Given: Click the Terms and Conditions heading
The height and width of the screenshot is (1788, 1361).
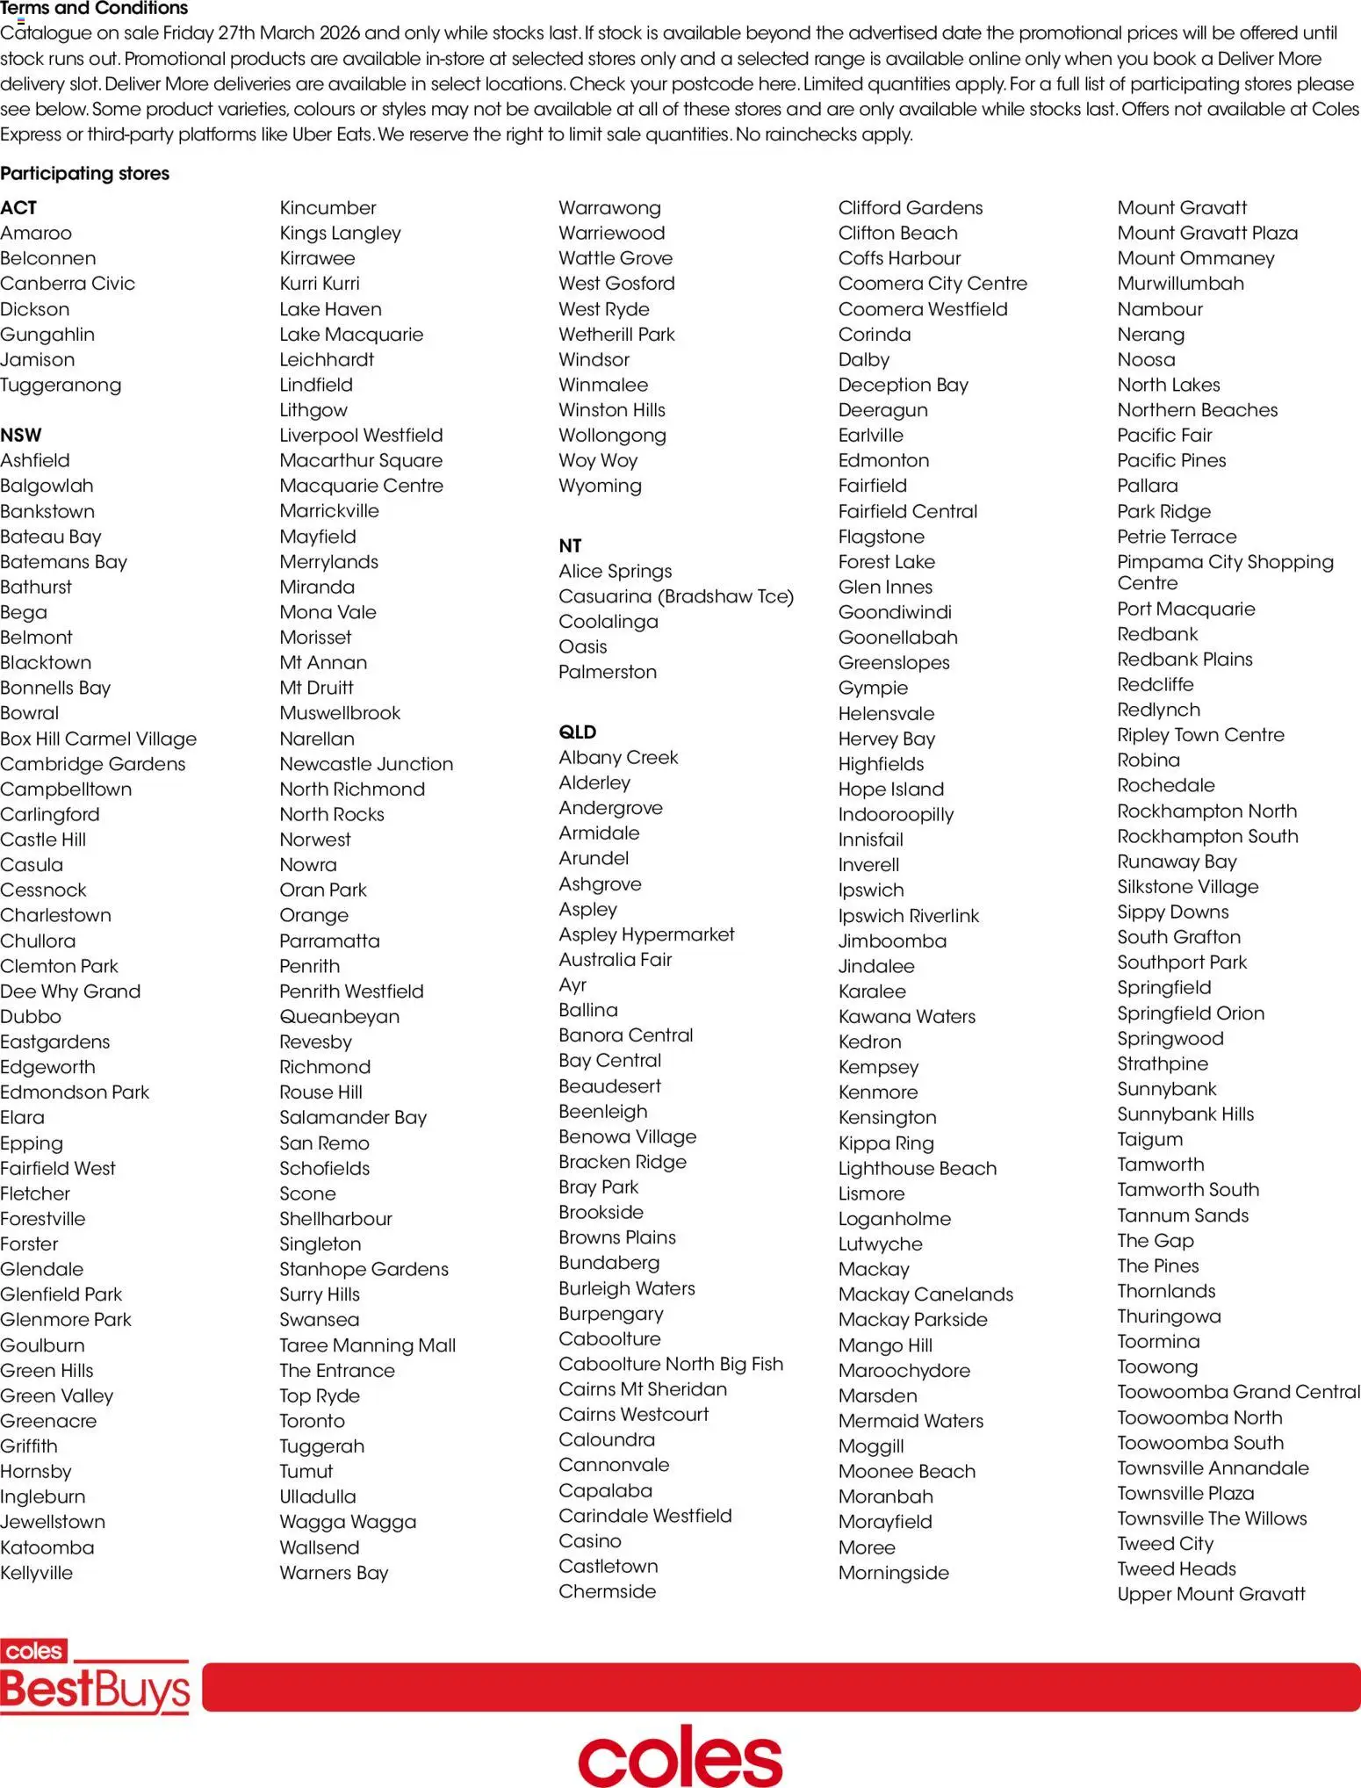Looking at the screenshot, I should coord(94,9).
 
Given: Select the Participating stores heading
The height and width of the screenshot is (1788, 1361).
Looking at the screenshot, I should coord(85,173).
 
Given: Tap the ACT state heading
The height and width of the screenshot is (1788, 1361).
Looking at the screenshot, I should coord(18,208).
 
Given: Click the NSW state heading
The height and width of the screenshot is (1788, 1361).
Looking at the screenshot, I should coord(21,435).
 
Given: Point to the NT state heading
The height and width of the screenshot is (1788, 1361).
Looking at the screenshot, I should coord(570,545).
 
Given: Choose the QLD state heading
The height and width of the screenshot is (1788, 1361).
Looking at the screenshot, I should coord(577,732).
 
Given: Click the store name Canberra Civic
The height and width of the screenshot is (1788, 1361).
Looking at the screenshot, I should coord(68,284).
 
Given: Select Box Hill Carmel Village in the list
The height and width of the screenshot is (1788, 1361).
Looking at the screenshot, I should coord(98,739).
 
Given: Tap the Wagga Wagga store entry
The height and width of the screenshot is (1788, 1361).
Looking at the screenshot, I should coord(348,1522).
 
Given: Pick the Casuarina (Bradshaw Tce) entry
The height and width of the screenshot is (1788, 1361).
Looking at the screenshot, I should coord(676,596).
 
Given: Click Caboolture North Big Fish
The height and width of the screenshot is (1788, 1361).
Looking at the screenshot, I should coord(671,1364).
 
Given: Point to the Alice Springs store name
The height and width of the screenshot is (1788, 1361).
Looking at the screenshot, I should coord(615,571).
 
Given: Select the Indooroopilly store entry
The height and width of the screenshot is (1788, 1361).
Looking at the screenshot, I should coord(896,814).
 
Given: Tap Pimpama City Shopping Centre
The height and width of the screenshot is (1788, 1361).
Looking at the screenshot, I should coord(1225,572).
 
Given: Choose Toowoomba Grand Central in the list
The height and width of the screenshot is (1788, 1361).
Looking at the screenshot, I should coord(1238,1392).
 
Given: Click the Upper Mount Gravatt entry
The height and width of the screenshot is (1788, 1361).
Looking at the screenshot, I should coord(1211,1594).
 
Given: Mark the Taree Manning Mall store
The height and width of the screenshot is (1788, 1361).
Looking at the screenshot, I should coord(367,1345).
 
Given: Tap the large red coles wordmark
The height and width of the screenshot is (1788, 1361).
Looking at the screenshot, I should coord(680,1756).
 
